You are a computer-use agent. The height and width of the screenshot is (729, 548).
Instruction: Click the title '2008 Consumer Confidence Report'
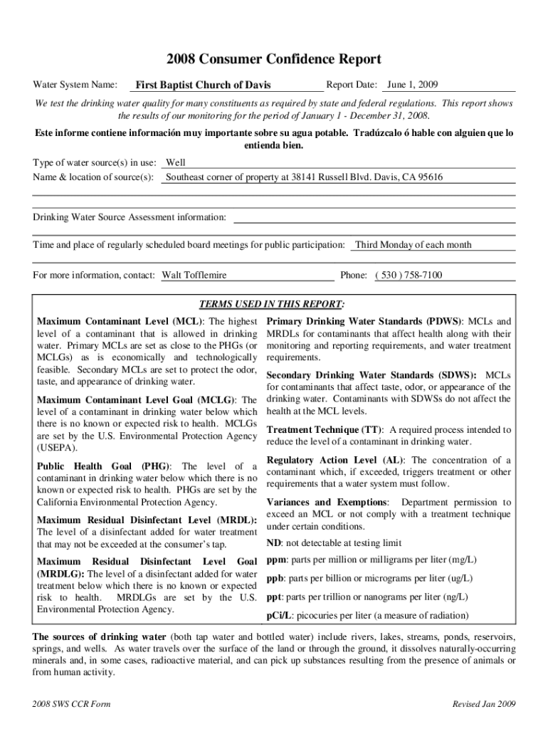[x=274, y=60]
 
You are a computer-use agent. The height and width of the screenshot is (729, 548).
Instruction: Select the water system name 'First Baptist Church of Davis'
[x=204, y=85]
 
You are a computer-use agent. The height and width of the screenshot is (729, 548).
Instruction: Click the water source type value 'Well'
[x=175, y=162]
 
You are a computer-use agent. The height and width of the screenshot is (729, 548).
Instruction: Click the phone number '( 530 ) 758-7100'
[x=409, y=275]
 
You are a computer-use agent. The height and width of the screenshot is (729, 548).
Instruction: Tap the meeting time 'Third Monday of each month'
[x=413, y=245]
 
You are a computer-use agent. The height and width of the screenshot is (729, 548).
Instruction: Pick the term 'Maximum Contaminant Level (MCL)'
[x=120, y=322]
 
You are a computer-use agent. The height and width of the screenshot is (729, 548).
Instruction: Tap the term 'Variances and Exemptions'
[x=327, y=503]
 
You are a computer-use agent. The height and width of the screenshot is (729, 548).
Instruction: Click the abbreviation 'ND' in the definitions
[x=273, y=543]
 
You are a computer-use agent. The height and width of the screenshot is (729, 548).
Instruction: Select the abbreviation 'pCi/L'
[x=278, y=616]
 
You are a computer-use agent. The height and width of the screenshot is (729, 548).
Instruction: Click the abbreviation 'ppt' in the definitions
[x=274, y=597]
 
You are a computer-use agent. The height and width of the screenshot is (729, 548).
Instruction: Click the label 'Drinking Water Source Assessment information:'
[x=130, y=216]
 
